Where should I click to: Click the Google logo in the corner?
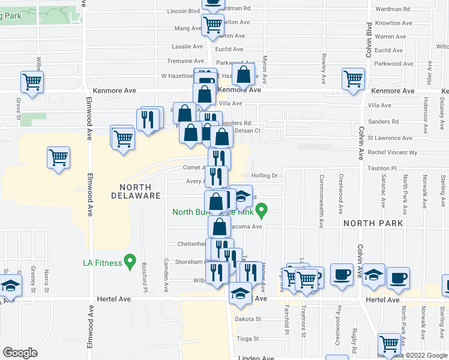tap(20, 353)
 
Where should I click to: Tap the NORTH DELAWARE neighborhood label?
tap(136, 191)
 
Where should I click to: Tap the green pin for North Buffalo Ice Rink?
tap(261, 211)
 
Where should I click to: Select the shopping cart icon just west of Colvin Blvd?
tap(353, 78)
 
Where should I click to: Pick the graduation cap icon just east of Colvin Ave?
tap(373, 275)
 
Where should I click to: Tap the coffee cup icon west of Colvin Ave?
tap(341, 274)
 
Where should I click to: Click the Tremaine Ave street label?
tap(185, 61)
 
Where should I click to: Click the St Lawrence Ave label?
tap(390, 138)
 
